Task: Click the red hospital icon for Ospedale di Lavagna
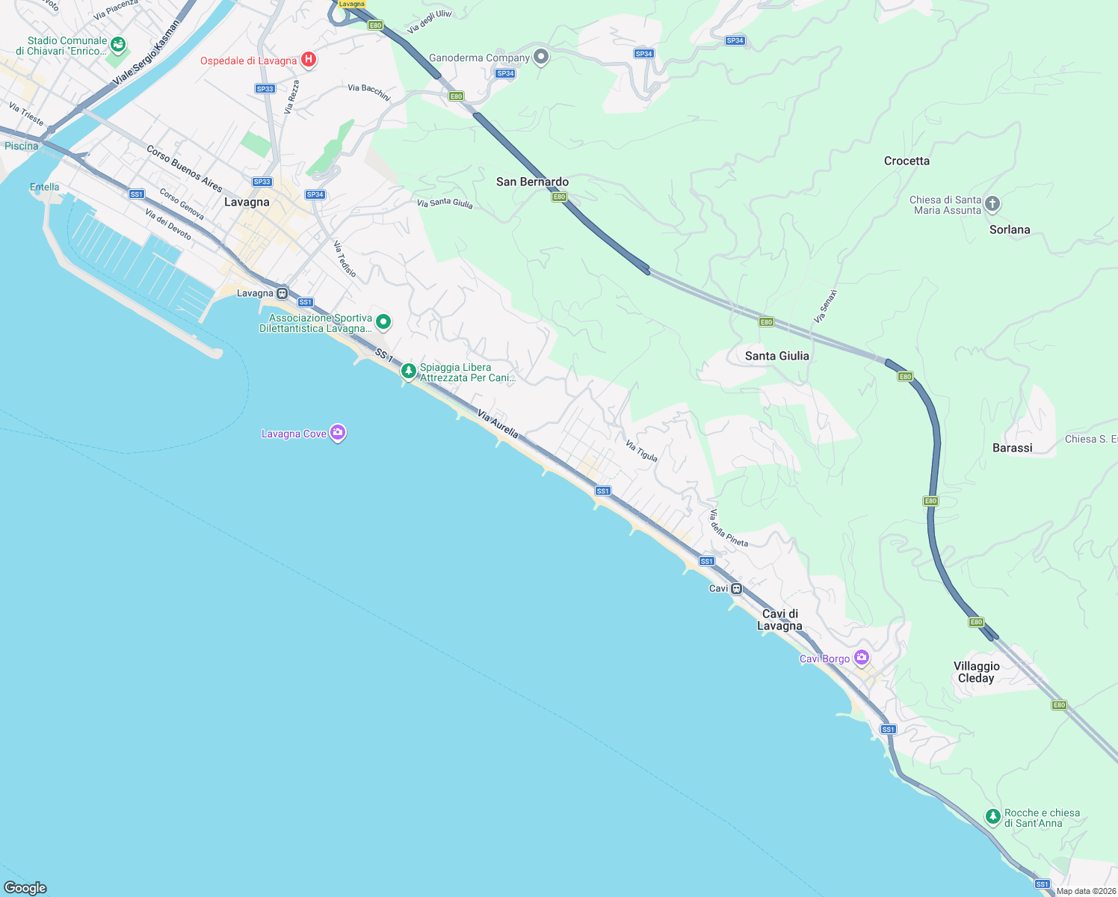tap(308, 60)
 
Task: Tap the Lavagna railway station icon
tap(282, 293)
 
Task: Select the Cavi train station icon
tap(736, 588)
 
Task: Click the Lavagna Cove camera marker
tap(338, 433)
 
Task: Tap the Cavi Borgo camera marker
tap(862, 658)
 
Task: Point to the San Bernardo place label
tap(532, 182)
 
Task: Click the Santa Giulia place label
tap(776, 356)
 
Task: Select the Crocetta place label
tap(907, 161)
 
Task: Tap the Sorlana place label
tap(1009, 229)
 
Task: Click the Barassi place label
tap(1012, 448)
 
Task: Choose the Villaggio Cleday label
tap(976, 672)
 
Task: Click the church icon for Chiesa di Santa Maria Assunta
tap(992, 203)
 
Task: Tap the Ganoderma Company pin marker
tap(541, 57)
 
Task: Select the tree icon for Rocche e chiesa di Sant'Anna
tap(992, 817)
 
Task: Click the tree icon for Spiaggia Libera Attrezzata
tap(408, 371)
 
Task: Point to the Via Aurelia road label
tap(498, 423)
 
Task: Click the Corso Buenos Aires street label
tap(185, 168)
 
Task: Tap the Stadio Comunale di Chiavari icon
tap(117, 45)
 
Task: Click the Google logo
tap(25, 887)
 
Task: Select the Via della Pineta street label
tap(729, 528)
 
